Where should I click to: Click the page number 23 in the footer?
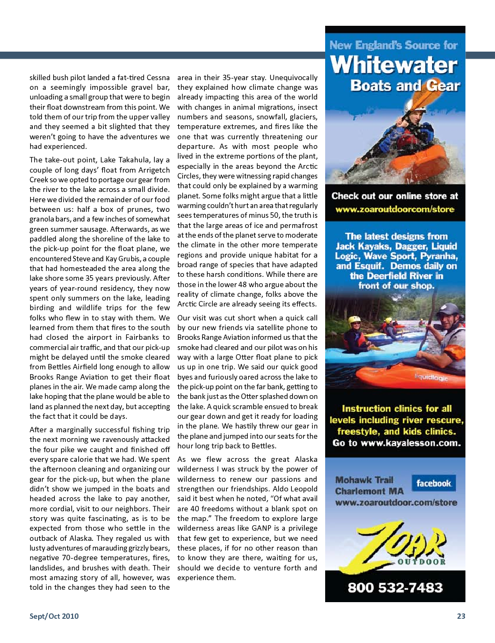[x=461, y=616]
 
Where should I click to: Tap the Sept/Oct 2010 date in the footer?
[x=54, y=616]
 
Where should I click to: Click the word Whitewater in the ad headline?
[x=394, y=66]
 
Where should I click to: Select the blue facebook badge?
[x=433, y=483]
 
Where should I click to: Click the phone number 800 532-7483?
[x=395, y=588]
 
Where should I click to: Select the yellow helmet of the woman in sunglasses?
[x=355, y=320]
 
